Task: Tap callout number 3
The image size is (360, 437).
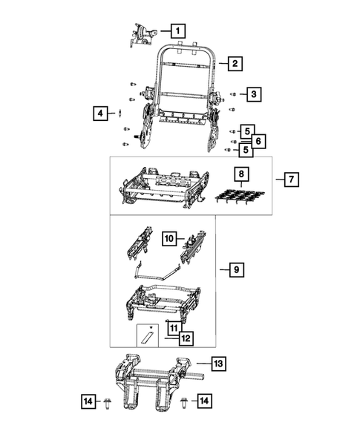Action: [x=253, y=94]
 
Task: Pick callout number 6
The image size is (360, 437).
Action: [x=256, y=140]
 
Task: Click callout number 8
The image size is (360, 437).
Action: [x=240, y=175]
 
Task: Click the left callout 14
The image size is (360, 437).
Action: [x=88, y=401]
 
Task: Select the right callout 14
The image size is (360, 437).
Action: [x=204, y=401]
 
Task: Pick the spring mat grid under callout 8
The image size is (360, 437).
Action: [x=240, y=198]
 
